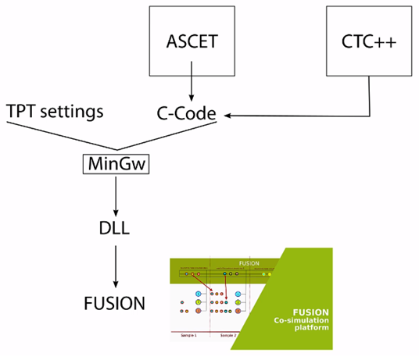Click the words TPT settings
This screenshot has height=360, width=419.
pyautogui.click(x=54, y=112)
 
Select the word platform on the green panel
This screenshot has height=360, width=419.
pyautogui.click(x=311, y=330)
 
